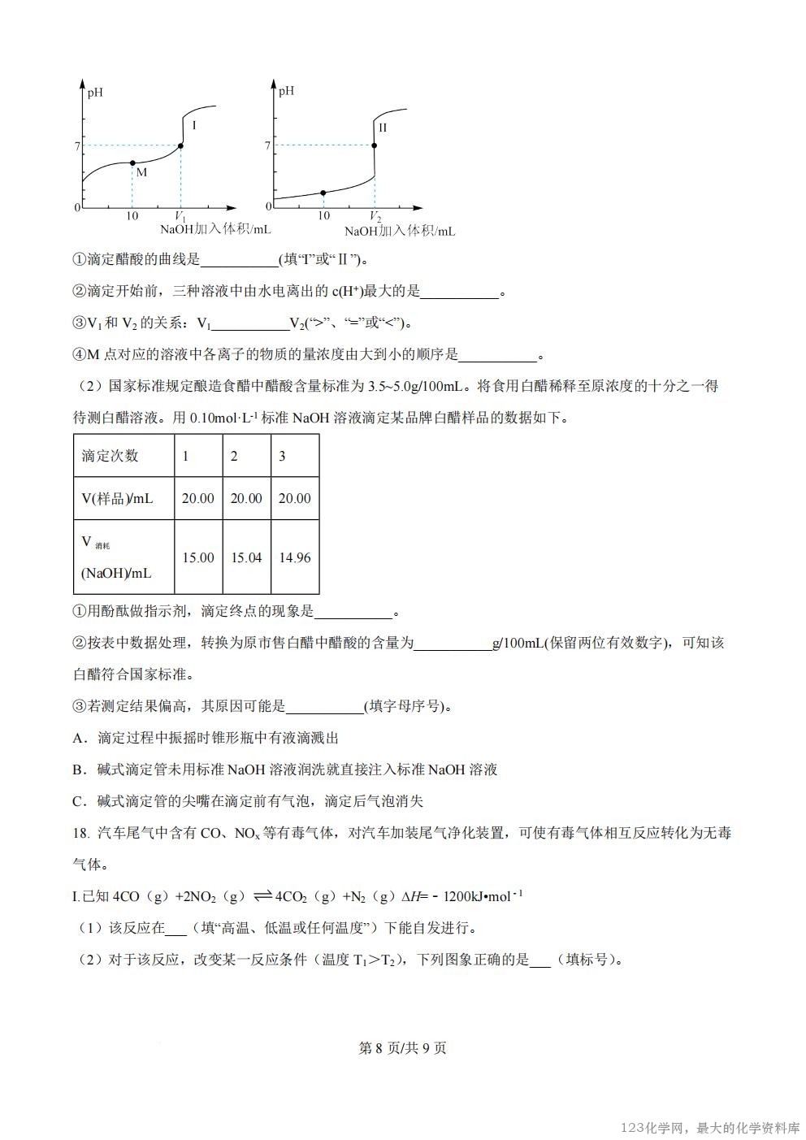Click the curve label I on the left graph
pyautogui.click(x=194, y=126)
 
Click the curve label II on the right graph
pyautogui.click(x=383, y=128)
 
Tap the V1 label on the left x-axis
pyautogui.click(x=180, y=217)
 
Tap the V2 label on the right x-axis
pyautogui.click(x=375, y=217)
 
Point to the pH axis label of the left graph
pyautogui.click(x=96, y=92)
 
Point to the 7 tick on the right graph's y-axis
pyautogui.click(x=267, y=146)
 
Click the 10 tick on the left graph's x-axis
pyautogui.click(x=132, y=216)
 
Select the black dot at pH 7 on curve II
pyautogui.click(x=375, y=146)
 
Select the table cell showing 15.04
pyautogui.click(x=246, y=557)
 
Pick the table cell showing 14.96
pyautogui.click(x=294, y=557)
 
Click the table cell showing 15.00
pyautogui.click(x=198, y=557)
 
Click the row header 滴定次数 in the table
pyautogui.click(x=110, y=456)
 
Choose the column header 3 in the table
pyautogui.click(x=282, y=456)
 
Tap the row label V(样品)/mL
pyautogui.click(x=117, y=498)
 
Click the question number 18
pyautogui.click(x=80, y=833)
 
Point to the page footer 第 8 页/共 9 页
pyautogui.click(x=402, y=1048)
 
